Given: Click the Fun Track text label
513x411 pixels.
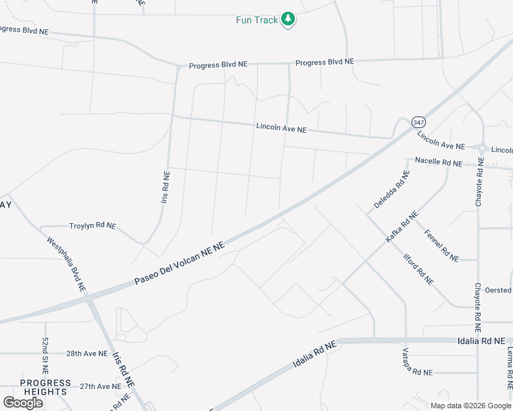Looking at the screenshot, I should point(257,20).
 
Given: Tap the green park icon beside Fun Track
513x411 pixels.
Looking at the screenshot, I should point(289,19).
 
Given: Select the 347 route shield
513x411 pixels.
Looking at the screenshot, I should point(418,122).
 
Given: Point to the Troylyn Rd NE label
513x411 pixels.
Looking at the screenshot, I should point(93,225).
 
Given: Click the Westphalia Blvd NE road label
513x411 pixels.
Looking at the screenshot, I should point(67,265).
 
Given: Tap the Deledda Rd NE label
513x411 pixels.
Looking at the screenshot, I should point(391,190).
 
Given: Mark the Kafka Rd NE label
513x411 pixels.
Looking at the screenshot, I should point(402,227).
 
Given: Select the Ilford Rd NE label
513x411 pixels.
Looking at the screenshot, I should point(418,269).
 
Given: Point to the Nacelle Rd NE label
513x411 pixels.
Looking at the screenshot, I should point(438,162).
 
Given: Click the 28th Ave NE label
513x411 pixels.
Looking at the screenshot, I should point(87,354).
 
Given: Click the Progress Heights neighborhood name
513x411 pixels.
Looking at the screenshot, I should point(45,387).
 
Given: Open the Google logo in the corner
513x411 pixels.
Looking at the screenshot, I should point(23,403).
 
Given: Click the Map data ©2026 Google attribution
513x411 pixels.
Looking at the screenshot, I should point(470,406).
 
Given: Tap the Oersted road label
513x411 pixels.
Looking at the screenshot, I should point(497,290).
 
